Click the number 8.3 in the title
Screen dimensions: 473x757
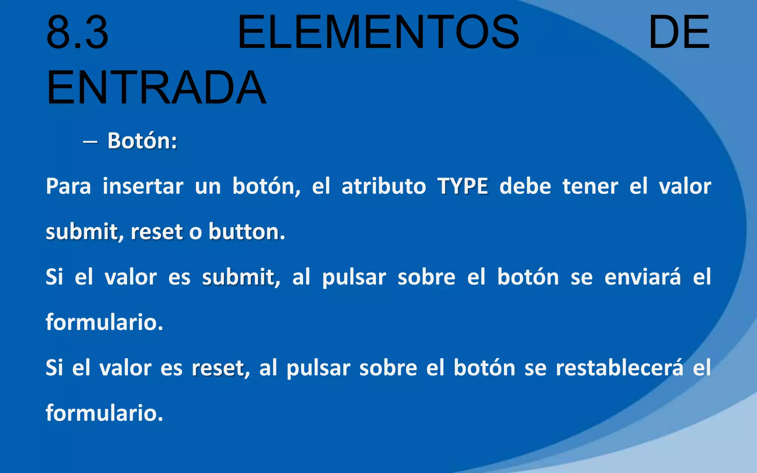[x=78, y=33]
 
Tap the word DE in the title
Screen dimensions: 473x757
[x=679, y=33]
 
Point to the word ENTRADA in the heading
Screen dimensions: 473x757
[x=156, y=88]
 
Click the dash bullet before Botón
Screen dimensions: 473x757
[x=90, y=142]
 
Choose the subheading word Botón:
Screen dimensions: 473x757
[x=142, y=141]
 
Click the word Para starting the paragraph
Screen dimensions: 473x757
[x=68, y=186]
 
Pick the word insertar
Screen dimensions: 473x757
[x=143, y=186]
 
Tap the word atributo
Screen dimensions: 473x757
[x=384, y=186]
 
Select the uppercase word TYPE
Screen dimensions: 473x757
[x=462, y=186]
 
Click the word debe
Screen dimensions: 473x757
[x=525, y=186]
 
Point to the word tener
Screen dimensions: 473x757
[x=590, y=186]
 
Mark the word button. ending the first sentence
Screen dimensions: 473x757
[x=247, y=232]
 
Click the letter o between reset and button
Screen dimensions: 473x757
[x=196, y=232]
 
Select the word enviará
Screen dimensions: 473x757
[x=642, y=277]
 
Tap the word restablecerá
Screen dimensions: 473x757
[x=619, y=368]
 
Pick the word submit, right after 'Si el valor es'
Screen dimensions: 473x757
[x=241, y=277]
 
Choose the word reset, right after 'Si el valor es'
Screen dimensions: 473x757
[x=221, y=368]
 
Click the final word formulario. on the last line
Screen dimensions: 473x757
[x=104, y=413]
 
